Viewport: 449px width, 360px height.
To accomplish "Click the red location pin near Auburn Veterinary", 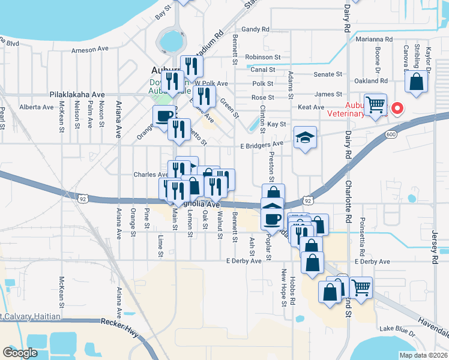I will [397, 109].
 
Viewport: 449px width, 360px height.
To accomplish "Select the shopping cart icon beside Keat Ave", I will [376, 105].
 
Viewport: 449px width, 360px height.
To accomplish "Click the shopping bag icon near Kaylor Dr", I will [416, 82].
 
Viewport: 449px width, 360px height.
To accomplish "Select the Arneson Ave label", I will [89, 49].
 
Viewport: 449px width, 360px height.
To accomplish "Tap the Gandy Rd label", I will [258, 29].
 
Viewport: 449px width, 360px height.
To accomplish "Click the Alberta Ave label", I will [37, 107].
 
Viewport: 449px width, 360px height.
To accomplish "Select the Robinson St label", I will [263, 57].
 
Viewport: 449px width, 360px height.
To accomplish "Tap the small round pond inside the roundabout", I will [170, 41].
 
